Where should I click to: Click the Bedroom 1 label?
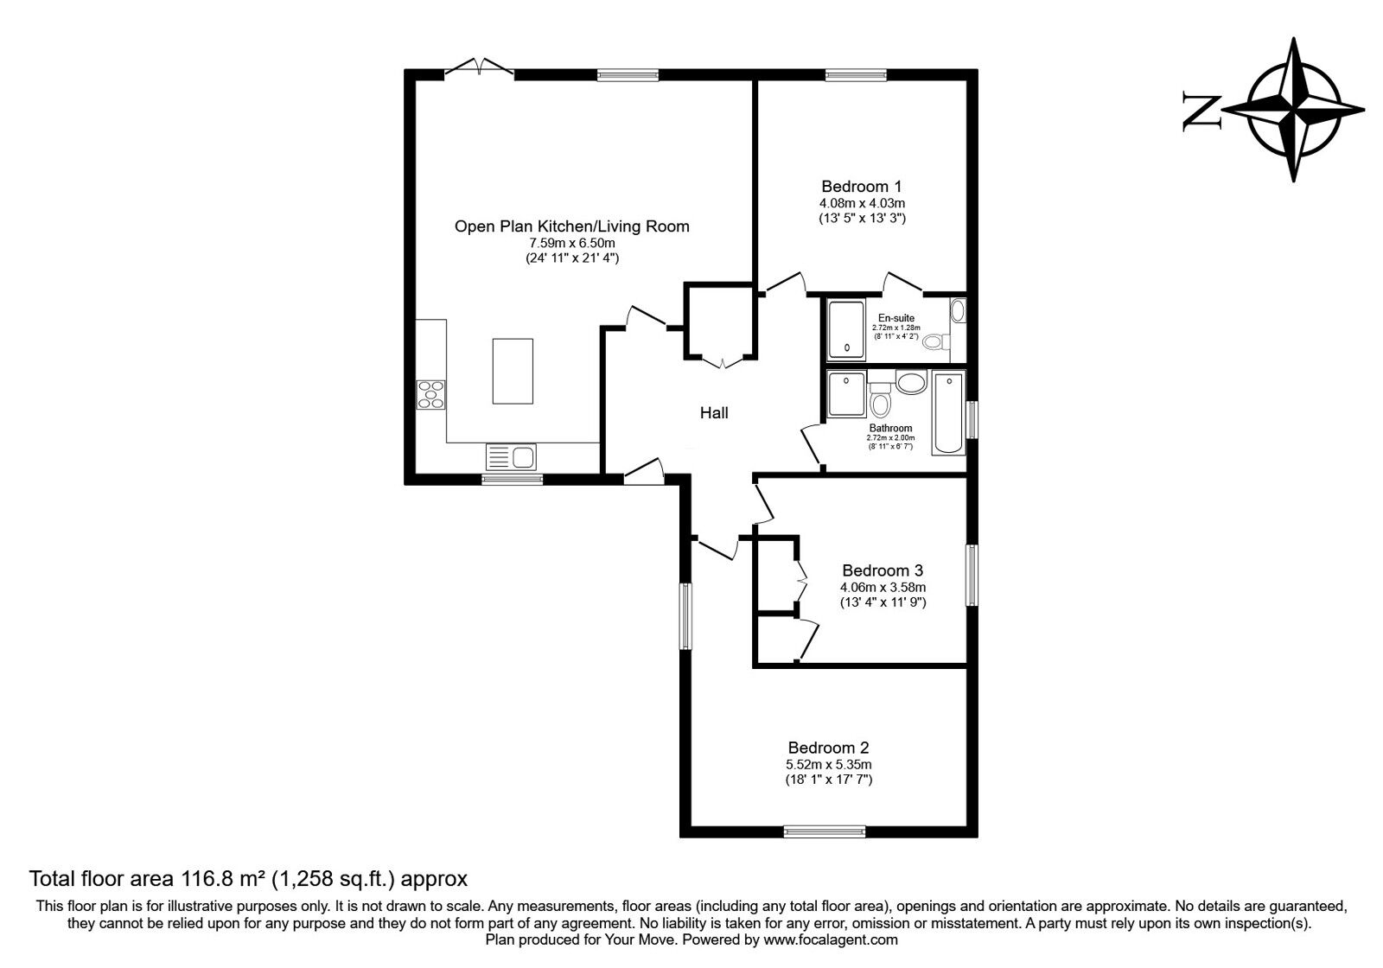click(x=861, y=186)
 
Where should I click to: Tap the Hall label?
click(x=714, y=413)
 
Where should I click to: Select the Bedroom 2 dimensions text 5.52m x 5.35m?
click(x=828, y=764)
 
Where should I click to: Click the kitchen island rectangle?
click(x=513, y=371)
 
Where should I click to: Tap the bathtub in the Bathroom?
click(x=948, y=412)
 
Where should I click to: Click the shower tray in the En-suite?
click(x=846, y=329)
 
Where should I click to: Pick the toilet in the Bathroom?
click(x=881, y=403)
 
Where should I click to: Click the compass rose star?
click(x=1294, y=110)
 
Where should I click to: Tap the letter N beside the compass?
click(x=1201, y=111)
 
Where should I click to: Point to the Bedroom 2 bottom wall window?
click(x=825, y=831)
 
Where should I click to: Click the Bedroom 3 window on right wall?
click(x=972, y=575)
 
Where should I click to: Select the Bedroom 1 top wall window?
click(x=855, y=74)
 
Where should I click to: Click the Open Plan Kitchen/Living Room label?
click(x=571, y=226)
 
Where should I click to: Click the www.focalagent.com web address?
click(x=831, y=939)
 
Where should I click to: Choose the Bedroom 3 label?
click(x=883, y=570)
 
